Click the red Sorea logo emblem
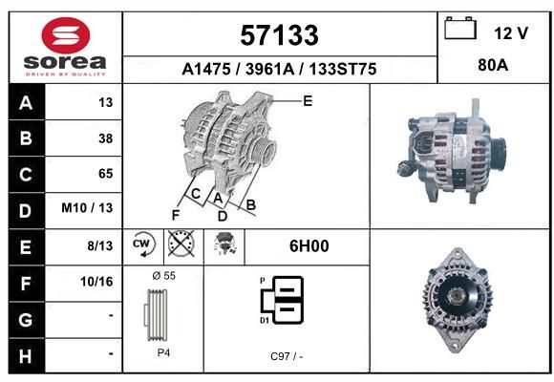point(66,35)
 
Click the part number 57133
point(279,35)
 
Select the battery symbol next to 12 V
point(460,29)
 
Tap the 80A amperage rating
point(493,65)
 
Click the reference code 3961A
point(270,69)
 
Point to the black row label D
point(26,211)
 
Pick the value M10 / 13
point(87,208)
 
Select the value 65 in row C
point(106,174)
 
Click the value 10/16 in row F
point(96,282)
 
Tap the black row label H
point(26,356)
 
